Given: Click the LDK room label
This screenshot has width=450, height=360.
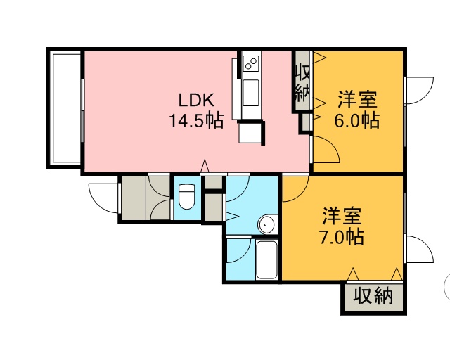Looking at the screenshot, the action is point(197,100).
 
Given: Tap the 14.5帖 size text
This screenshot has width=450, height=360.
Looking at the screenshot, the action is point(196,120).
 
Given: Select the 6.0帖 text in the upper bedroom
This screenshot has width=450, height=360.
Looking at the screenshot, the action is point(356,120).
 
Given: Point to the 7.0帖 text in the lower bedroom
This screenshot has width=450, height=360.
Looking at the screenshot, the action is point(342,237).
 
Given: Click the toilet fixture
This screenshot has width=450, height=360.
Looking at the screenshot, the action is point(186,197).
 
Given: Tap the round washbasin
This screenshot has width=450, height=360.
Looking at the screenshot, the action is point(266,224).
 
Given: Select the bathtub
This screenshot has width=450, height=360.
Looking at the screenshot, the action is point(266,260).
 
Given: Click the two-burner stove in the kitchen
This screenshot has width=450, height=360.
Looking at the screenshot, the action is point(251,63).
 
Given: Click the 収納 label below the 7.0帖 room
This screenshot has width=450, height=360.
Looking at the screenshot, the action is point(373,296).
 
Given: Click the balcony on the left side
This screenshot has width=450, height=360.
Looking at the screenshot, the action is point(66,108).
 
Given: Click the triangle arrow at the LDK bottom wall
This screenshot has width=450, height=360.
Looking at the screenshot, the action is point(205,166).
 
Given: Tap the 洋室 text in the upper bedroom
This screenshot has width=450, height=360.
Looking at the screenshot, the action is point(357,100).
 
